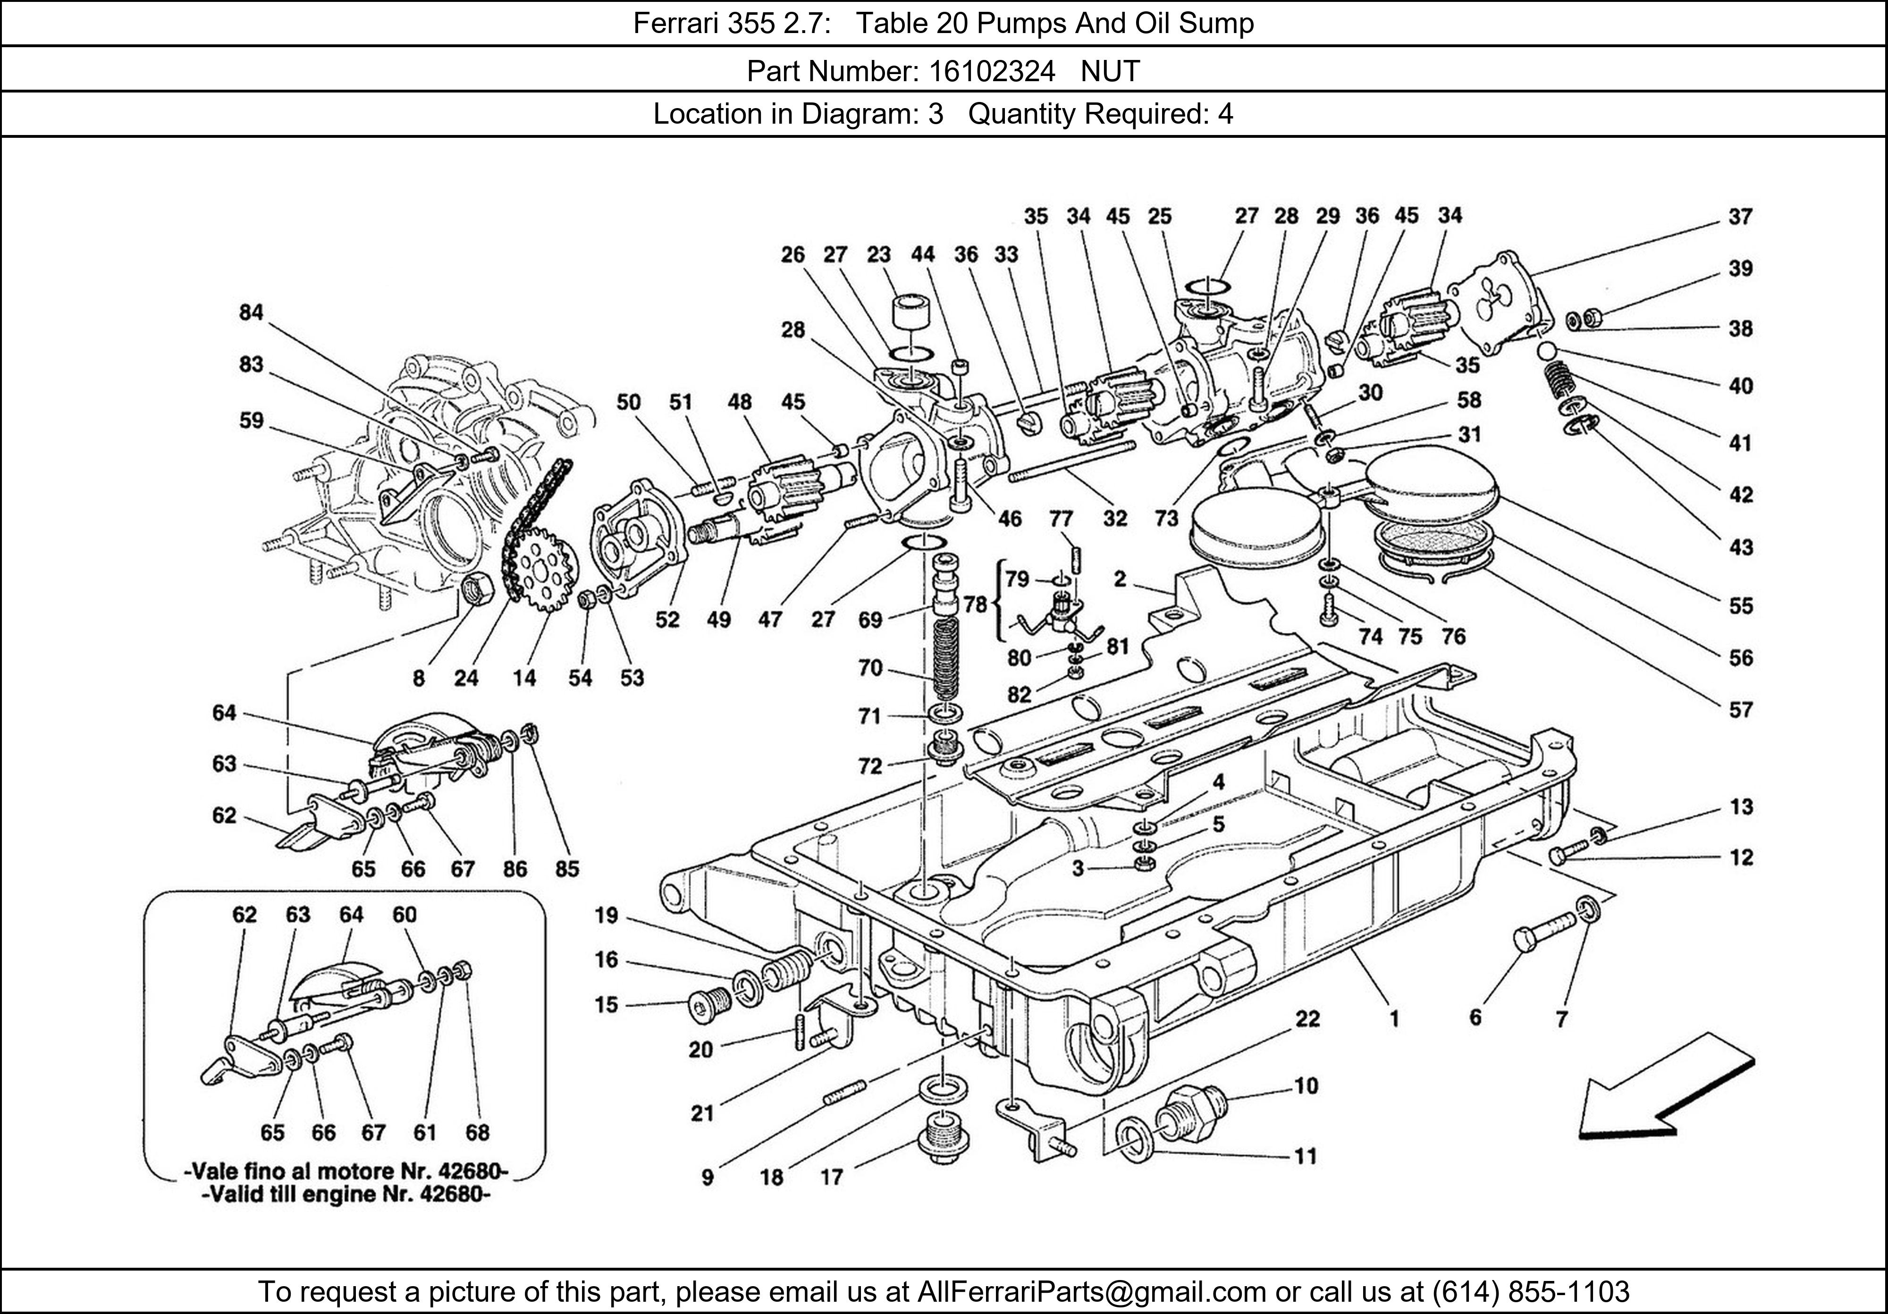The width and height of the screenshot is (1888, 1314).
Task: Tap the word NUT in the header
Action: pos(1110,72)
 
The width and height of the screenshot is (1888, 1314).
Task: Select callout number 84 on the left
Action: pos(251,312)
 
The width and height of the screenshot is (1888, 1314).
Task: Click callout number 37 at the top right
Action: pos(1740,217)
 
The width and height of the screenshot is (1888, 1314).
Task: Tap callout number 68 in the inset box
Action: pos(477,1132)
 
